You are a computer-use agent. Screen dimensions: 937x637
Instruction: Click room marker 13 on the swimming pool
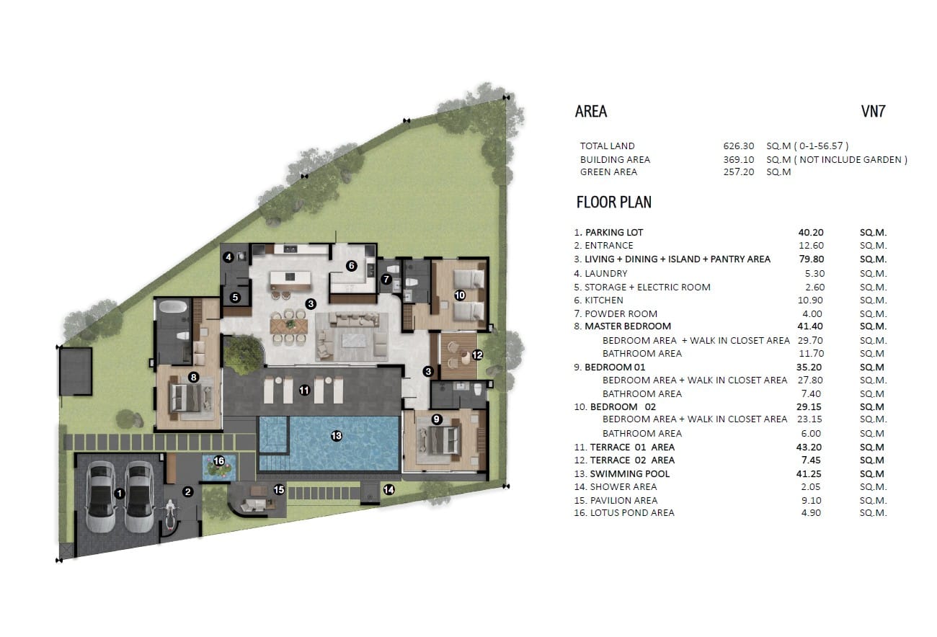click(337, 436)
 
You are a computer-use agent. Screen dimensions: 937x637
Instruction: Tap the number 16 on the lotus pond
click(219, 461)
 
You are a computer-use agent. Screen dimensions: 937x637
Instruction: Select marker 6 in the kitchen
click(352, 266)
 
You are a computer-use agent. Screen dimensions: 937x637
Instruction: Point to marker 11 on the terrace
click(304, 391)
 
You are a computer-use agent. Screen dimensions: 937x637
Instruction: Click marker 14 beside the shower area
click(389, 489)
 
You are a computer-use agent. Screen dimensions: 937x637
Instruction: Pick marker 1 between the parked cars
click(120, 494)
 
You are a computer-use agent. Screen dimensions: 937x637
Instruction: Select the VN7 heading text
click(873, 111)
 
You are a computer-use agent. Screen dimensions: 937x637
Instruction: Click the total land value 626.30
click(739, 146)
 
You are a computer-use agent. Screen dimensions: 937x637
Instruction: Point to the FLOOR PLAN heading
click(614, 202)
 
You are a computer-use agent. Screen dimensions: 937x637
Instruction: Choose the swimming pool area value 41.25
click(809, 474)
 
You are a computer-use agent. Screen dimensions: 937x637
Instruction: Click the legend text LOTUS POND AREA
click(632, 513)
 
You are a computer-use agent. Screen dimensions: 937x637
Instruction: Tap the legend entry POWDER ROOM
click(621, 313)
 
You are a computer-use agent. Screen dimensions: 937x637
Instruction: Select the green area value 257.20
click(739, 172)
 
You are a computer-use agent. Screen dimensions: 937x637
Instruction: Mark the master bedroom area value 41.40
click(810, 326)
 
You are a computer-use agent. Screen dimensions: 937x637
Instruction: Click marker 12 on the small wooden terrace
click(477, 355)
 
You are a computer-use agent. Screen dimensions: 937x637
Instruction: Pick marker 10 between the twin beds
click(460, 295)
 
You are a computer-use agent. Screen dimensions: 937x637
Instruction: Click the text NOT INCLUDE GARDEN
click(851, 159)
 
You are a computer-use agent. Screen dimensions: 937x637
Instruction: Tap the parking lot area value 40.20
click(811, 233)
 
